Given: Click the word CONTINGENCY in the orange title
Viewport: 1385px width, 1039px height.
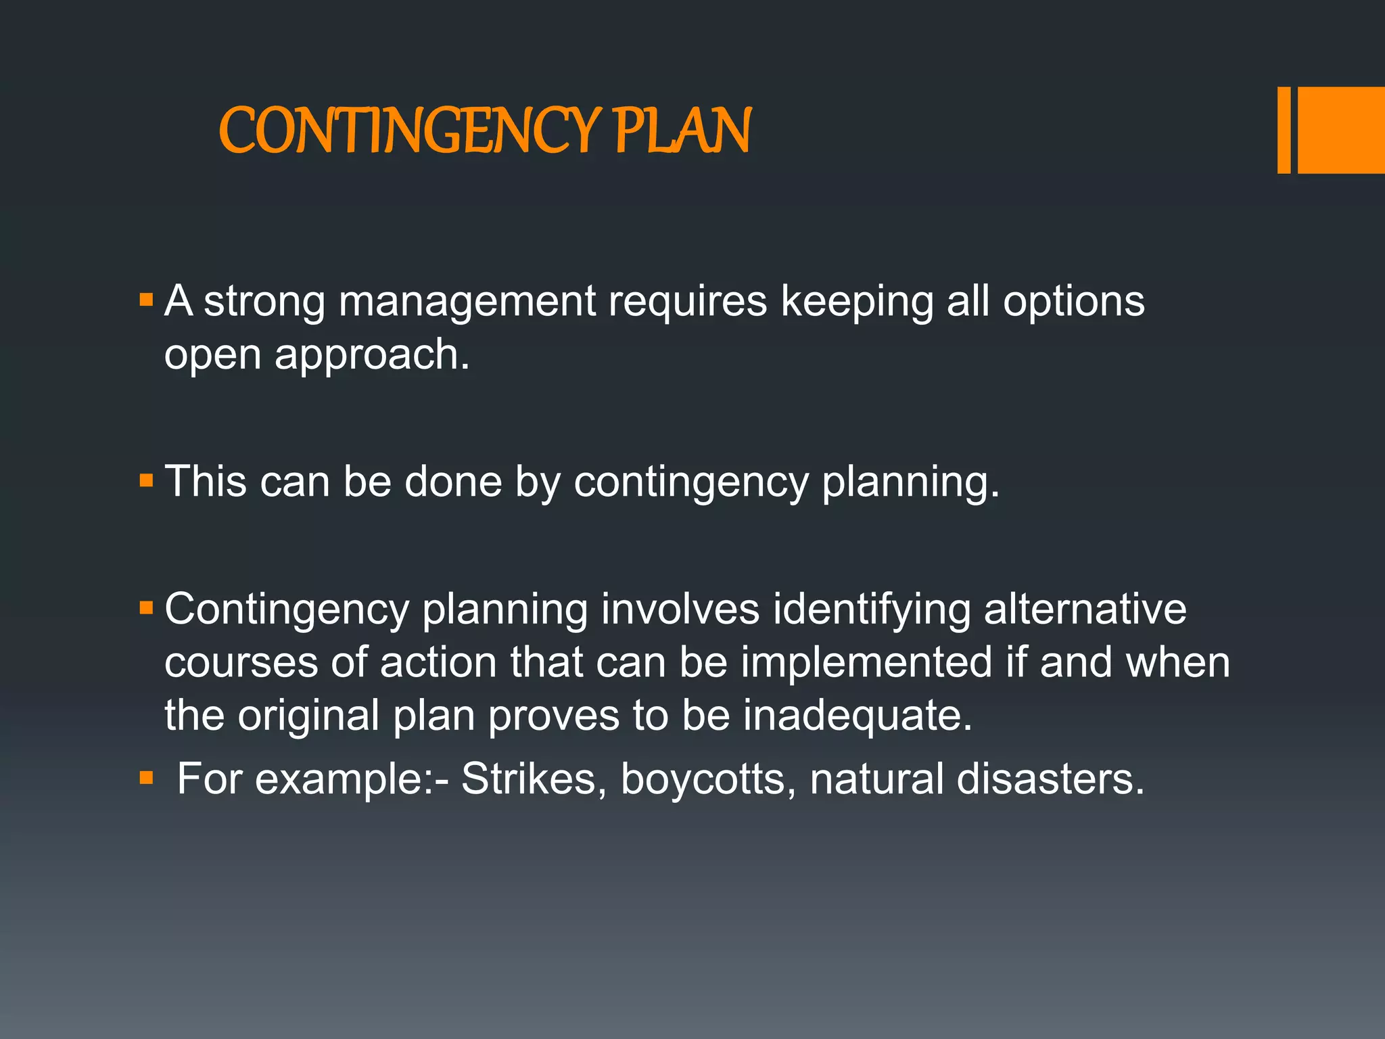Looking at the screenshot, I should click(x=409, y=131).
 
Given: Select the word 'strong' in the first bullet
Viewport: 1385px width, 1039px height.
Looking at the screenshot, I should click(x=264, y=301).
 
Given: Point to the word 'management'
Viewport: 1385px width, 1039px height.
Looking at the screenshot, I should click(x=467, y=302).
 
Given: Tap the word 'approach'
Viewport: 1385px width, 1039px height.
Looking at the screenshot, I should click(x=371, y=356).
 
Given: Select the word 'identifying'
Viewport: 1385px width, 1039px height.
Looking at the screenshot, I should click(x=872, y=610).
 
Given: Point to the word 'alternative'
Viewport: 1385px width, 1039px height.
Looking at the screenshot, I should click(x=1085, y=609).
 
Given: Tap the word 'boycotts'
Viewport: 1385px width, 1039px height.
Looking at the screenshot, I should click(x=703, y=779).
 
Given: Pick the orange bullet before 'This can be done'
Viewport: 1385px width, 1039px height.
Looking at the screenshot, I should click(x=146, y=481).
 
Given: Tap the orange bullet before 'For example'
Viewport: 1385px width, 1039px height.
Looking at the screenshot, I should click(x=146, y=778).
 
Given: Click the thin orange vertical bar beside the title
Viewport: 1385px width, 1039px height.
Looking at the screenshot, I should click(x=1284, y=131).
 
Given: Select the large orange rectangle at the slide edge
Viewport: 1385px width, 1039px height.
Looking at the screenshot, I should click(x=1341, y=131).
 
